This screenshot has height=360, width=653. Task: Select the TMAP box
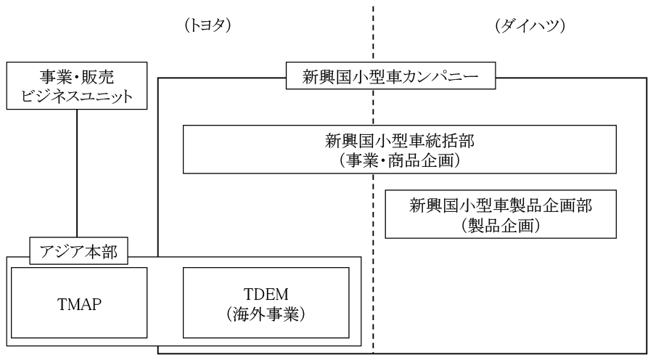80,301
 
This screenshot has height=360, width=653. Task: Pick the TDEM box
266,301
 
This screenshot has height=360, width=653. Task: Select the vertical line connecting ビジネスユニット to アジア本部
76,174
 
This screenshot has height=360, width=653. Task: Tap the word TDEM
266,292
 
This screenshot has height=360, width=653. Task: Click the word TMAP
80,301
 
